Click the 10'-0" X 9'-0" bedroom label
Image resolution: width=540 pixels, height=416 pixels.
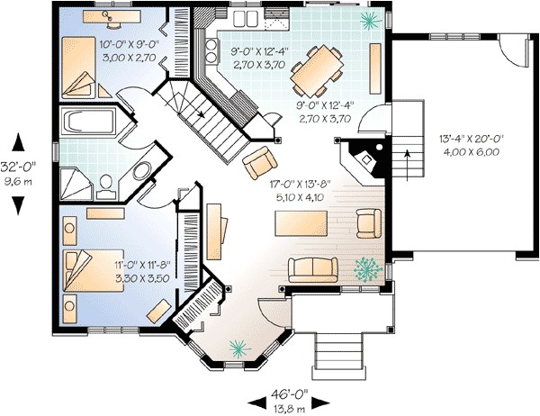pos(104,42)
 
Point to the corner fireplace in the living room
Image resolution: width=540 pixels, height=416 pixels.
pos(364,162)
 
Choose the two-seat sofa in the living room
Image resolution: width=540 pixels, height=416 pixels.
pos(313,269)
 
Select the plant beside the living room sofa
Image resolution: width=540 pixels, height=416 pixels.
pos(367,268)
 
